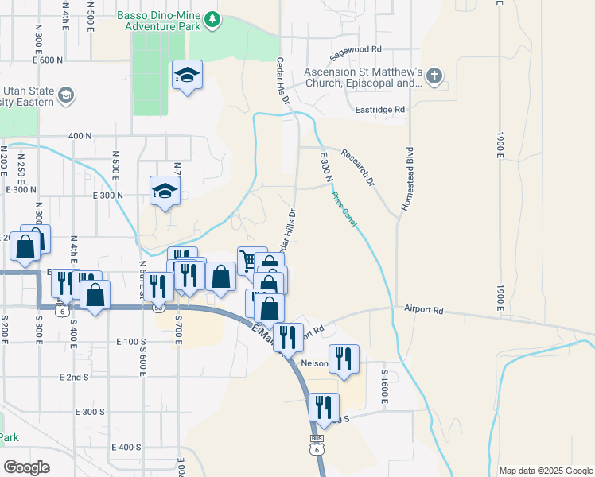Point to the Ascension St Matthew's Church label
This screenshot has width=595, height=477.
(x=362, y=77)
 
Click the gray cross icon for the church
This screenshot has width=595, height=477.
(x=434, y=77)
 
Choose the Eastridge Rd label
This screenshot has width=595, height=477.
(x=380, y=109)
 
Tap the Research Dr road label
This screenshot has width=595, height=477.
(x=358, y=167)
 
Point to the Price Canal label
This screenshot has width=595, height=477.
(x=344, y=208)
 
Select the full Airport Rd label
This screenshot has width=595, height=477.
(x=422, y=308)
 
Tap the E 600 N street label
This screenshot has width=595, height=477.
(x=48, y=60)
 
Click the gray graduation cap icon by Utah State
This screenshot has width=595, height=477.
(x=66, y=96)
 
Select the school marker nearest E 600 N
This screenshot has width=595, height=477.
(x=188, y=76)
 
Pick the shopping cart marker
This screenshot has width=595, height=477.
(x=249, y=260)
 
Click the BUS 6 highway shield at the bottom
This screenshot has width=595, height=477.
(x=317, y=445)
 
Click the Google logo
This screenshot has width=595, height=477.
(x=27, y=467)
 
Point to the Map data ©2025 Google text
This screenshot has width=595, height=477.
(x=545, y=471)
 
